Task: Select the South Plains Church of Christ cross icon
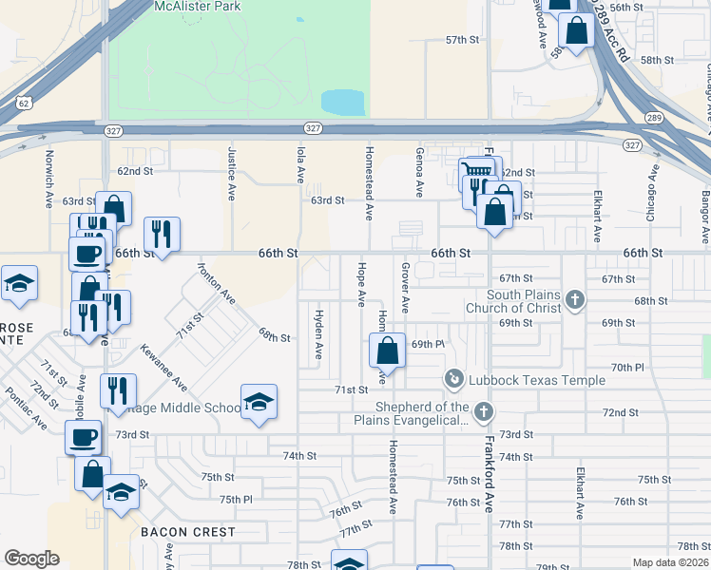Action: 574,300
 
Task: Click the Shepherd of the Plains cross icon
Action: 484,412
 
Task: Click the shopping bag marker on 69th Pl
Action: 387,351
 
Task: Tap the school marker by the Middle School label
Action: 259,403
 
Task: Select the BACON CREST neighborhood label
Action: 187,532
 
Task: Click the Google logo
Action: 31,558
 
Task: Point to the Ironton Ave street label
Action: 217,283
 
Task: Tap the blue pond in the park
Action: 343,102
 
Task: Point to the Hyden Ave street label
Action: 318,334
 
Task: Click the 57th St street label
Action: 463,40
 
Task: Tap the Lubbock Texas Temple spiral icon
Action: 454,380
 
